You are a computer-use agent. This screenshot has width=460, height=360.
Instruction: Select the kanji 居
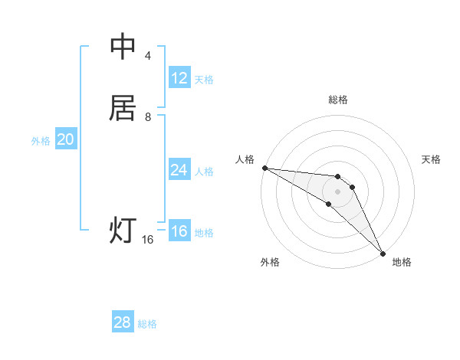coord(123,107)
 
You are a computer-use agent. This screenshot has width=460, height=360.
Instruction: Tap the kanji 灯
coord(123,230)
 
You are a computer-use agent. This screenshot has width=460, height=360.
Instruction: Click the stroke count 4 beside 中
coord(148,56)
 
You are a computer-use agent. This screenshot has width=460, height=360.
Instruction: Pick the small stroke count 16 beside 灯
coord(148,240)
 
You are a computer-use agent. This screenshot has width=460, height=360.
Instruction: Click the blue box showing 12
coord(179,78)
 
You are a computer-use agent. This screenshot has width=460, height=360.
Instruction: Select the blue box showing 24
coord(179,170)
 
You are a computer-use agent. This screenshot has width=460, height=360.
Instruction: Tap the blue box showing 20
coord(66,139)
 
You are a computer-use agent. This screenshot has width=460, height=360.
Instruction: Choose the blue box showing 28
coord(123,322)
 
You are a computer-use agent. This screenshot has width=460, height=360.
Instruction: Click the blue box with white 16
coord(179,231)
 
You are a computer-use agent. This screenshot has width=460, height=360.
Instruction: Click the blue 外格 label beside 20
coord(41,141)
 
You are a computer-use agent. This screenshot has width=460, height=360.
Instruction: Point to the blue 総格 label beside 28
coord(147,324)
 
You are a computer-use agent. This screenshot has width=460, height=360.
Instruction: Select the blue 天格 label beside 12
coord(204,80)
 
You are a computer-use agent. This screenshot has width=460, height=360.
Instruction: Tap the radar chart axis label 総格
coord(337,100)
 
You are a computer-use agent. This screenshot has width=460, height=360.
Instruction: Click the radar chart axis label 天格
coord(432,159)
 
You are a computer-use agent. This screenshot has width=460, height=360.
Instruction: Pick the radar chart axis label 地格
coord(402,262)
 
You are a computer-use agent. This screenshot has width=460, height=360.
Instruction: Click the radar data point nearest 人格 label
coord(264,168)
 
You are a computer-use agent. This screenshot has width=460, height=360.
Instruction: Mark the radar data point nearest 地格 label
coord(383,253)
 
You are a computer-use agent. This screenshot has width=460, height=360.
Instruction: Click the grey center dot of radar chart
coord(337,191)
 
